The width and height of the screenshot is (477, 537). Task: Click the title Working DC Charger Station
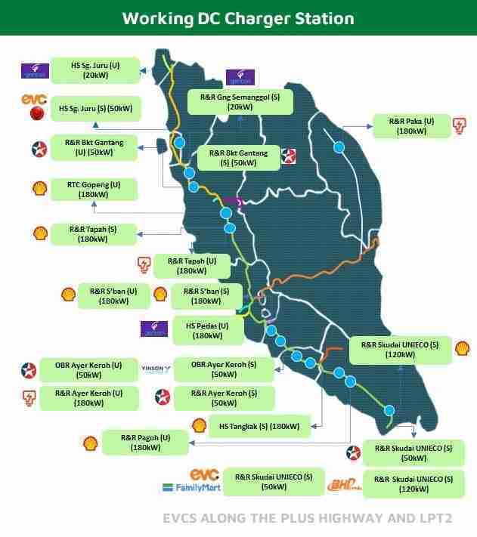[238, 17]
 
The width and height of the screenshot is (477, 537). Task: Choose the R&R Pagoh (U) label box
[144, 443]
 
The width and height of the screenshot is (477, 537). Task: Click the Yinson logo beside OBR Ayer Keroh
[156, 369]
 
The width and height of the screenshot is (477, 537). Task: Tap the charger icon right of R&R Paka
[458, 125]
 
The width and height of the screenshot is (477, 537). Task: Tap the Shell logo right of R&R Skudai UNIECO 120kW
[462, 348]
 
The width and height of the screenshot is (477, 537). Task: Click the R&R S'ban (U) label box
[113, 295]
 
